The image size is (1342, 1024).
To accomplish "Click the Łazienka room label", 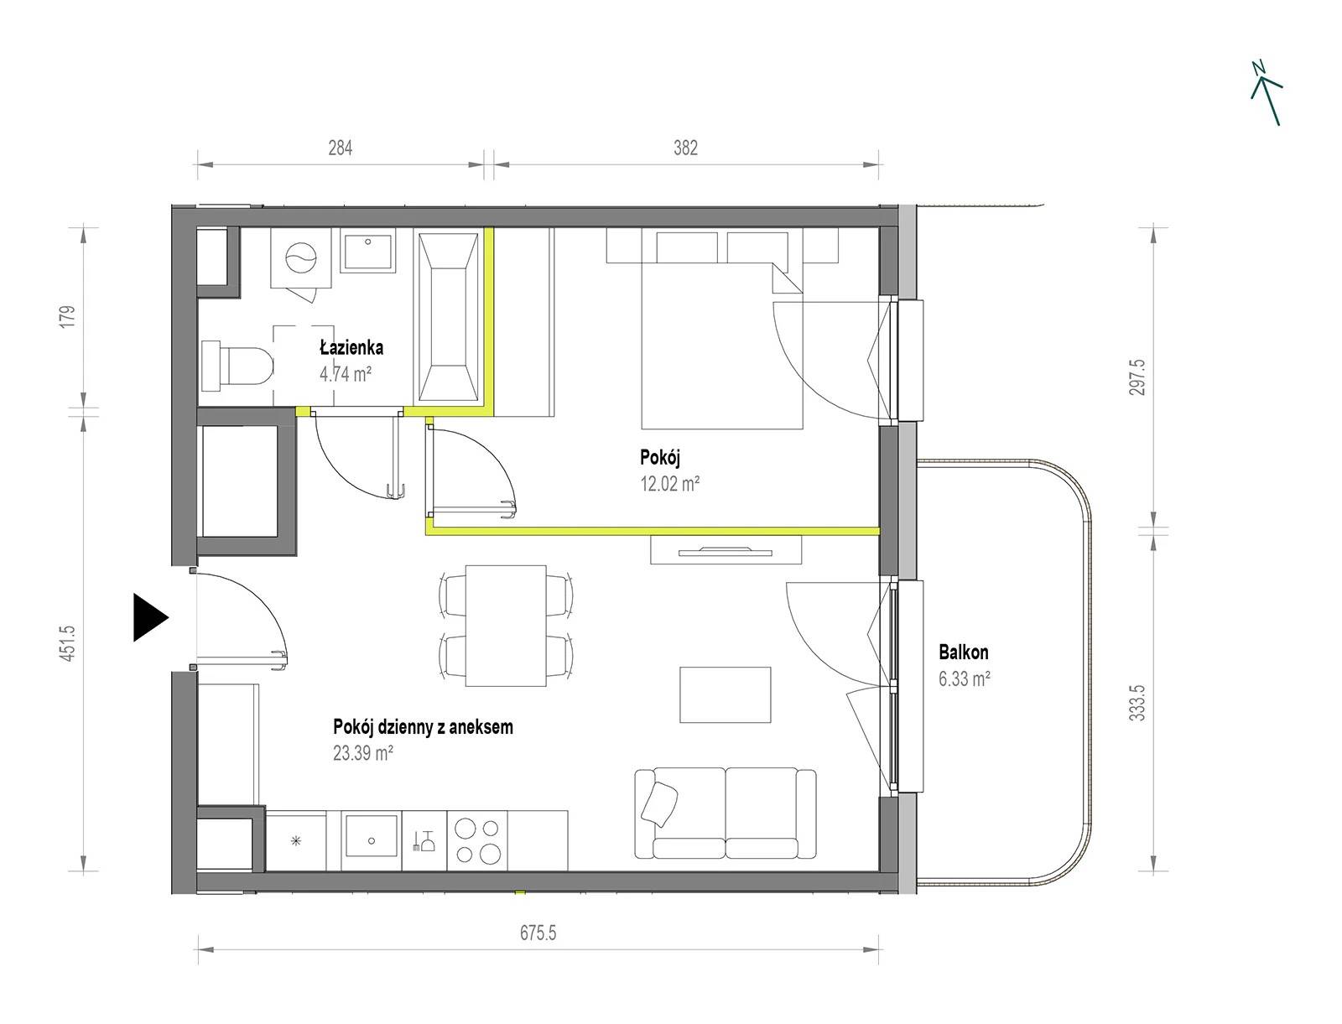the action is pos(351,348).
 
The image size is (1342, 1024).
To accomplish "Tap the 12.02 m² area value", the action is pos(669,484).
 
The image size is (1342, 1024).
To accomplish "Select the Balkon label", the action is pos(964,652).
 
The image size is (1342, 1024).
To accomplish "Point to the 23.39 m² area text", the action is pos(362,752).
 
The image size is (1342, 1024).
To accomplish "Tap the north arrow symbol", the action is pos(1267,94).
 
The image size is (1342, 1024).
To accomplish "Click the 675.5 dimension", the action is pos(538,933).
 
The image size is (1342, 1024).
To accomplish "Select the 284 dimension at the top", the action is pos(340,148).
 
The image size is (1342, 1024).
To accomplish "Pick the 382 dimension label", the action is pos(685,148).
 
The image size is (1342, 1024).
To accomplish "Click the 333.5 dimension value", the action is pos(1137,703).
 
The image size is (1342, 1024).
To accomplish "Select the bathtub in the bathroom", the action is pos(448,317).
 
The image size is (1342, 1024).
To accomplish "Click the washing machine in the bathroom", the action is pos(301,257).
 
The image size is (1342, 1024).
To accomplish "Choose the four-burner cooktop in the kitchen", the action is pos(477,840).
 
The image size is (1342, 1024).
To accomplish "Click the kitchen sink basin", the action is pos(371,835).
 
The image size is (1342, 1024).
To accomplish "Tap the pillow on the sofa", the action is pos(659,803).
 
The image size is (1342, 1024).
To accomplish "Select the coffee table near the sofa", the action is pos(726,694).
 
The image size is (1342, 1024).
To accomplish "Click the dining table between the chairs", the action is pos(506,626).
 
